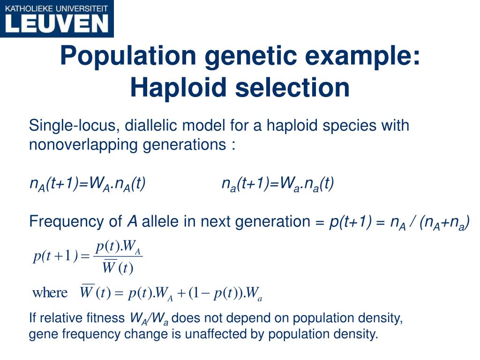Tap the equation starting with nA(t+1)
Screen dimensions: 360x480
(x=87, y=184)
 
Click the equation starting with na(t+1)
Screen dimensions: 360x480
(x=278, y=184)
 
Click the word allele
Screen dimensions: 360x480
(x=161, y=221)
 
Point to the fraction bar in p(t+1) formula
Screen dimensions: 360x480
(x=118, y=256)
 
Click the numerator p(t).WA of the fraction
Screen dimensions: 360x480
(x=118, y=247)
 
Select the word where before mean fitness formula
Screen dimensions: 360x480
(x=50, y=293)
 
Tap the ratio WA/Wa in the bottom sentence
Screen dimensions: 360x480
(x=149, y=319)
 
